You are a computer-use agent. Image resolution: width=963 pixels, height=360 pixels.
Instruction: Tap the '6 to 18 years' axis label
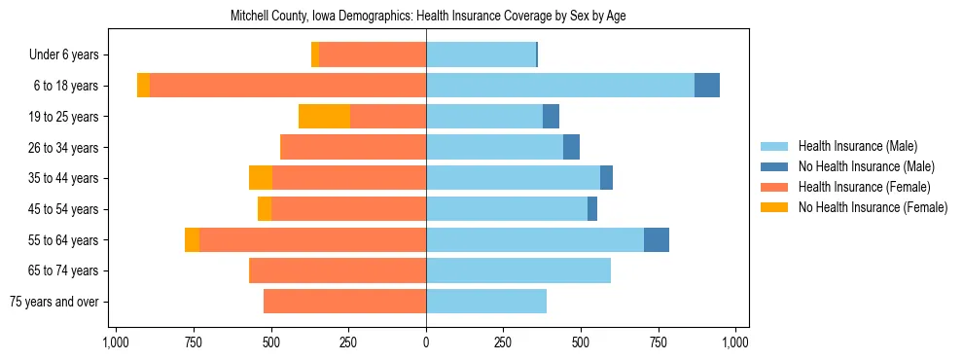(x=67, y=86)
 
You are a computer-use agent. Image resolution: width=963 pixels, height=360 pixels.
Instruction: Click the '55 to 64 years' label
(x=65, y=240)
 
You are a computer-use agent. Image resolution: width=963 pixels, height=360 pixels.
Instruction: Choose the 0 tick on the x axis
(x=426, y=342)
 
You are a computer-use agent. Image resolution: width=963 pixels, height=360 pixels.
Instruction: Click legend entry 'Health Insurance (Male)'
(x=857, y=146)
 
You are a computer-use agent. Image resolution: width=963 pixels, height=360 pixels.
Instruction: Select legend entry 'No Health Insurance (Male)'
(x=865, y=166)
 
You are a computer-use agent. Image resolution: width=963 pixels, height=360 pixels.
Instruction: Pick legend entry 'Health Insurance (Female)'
(x=864, y=187)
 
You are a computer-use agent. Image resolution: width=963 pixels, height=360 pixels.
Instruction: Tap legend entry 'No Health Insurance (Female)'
(x=872, y=207)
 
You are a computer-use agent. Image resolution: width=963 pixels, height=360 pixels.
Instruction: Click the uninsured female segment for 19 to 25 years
(x=324, y=117)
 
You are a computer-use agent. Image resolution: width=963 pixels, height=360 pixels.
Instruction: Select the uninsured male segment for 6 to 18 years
(x=707, y=86)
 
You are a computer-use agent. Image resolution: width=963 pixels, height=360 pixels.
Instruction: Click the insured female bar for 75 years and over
(x=344, y=302)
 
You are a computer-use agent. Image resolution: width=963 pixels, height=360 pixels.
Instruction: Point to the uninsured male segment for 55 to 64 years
(x=657, y=240)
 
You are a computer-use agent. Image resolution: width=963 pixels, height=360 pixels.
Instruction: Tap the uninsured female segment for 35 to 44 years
(x=261, y=178)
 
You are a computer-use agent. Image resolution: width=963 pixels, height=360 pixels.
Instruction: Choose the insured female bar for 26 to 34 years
(x=353, y=147)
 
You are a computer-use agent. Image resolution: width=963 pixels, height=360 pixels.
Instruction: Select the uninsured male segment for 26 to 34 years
(x=572, y=147)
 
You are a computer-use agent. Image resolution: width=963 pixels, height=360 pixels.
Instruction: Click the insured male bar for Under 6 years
(x=481, y=54)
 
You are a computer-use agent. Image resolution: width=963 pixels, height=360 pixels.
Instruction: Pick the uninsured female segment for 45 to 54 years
(x=265, y=209)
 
